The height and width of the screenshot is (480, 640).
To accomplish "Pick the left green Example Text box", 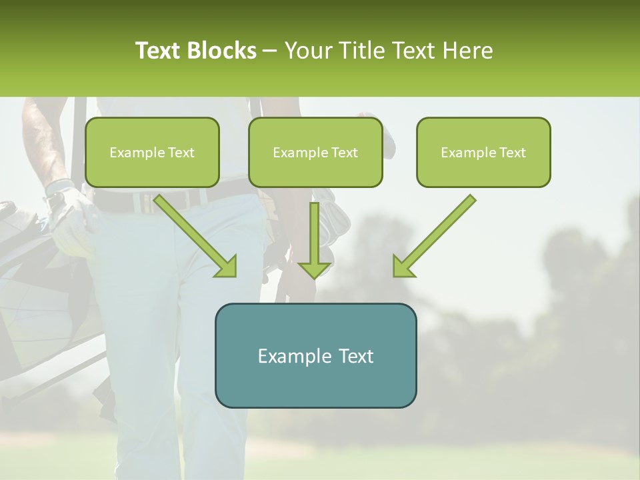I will pos(152,152).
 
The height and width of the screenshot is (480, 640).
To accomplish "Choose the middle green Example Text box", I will pos(315,152).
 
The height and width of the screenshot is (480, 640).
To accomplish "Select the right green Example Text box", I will pos(483,152).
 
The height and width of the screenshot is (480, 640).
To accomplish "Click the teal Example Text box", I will pos(315,355).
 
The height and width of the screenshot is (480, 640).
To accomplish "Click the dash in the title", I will pos(270,51).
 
